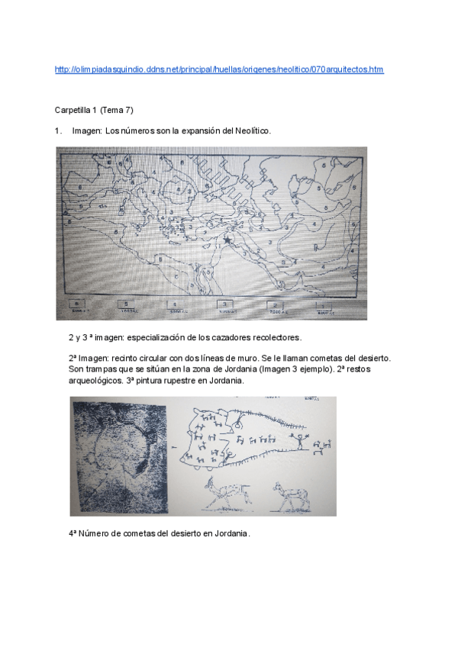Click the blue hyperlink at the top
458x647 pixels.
coord(219,69)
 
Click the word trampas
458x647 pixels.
coord(94,369)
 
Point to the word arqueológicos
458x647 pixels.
coord(95,381)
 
